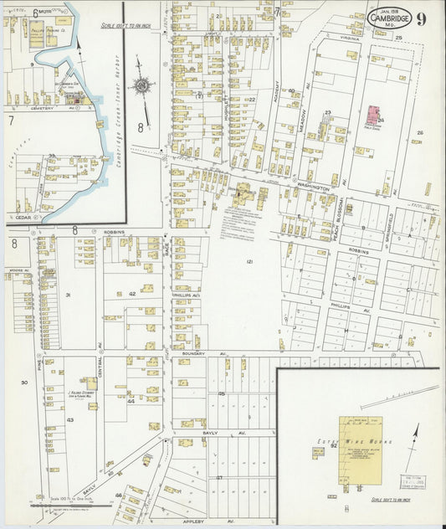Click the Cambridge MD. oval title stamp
coord(390,18)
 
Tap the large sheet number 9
coord(422,18)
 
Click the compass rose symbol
coord(145,85)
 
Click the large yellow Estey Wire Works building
coord(361,450)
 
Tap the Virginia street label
coord(350,38)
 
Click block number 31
coord(69,295)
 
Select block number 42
coord(131,294)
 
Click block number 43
coord(69,419)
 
